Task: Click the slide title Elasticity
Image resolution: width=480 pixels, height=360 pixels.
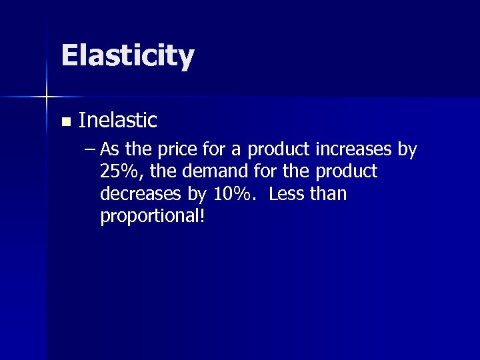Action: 127,56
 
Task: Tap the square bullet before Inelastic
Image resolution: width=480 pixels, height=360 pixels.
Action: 65,122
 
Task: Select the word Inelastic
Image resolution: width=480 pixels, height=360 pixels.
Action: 117,121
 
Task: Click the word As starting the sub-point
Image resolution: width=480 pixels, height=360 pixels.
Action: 109,150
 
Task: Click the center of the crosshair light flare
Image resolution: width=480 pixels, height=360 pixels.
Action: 47,97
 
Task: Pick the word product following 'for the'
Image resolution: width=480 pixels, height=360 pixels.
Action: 346,172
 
